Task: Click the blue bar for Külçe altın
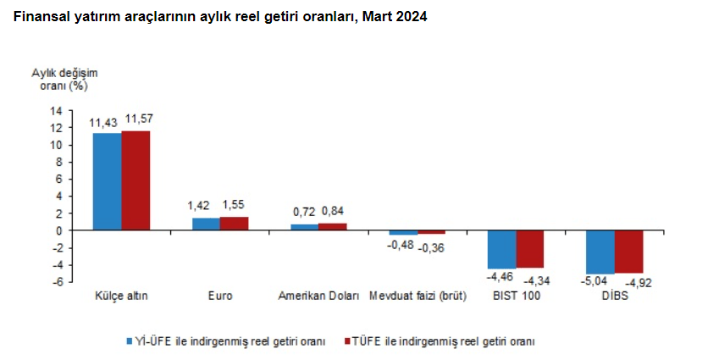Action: coord(107,181)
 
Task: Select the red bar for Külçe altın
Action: coord(136,180)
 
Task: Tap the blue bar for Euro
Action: coord(206,224)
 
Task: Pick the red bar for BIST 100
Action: coord(530,249)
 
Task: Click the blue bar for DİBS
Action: coord(600,252)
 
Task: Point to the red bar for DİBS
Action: coord(629,251)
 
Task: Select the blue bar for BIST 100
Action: coord(502,249)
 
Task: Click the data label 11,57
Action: coord(141,119)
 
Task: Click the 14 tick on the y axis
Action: coord(57,111)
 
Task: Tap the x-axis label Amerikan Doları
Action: coord(318,297)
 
